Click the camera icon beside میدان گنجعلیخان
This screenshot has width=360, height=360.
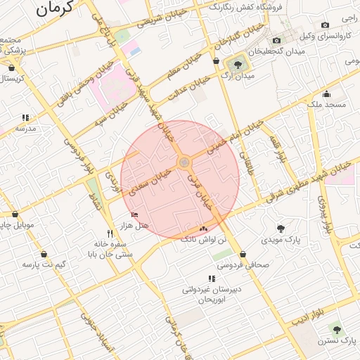276,40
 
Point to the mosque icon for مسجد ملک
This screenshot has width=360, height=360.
326,94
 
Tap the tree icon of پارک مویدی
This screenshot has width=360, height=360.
281,228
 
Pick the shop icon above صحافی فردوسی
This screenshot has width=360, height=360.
243,255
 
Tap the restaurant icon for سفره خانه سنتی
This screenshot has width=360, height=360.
109,233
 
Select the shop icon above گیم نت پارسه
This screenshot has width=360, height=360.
44,254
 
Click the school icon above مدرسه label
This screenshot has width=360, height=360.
25,118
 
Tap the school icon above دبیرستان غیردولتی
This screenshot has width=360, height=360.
212,279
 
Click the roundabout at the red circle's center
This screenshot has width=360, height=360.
184,163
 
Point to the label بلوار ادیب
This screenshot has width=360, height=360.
309,315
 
